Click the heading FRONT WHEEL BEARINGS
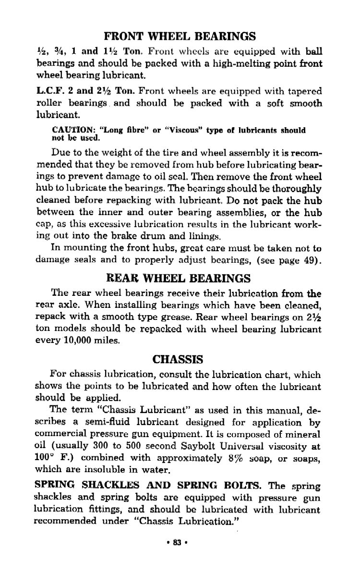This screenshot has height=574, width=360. pos(180,36)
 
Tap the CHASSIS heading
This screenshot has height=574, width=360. pos(178,359)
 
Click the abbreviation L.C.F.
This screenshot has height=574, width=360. pos(49,91)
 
